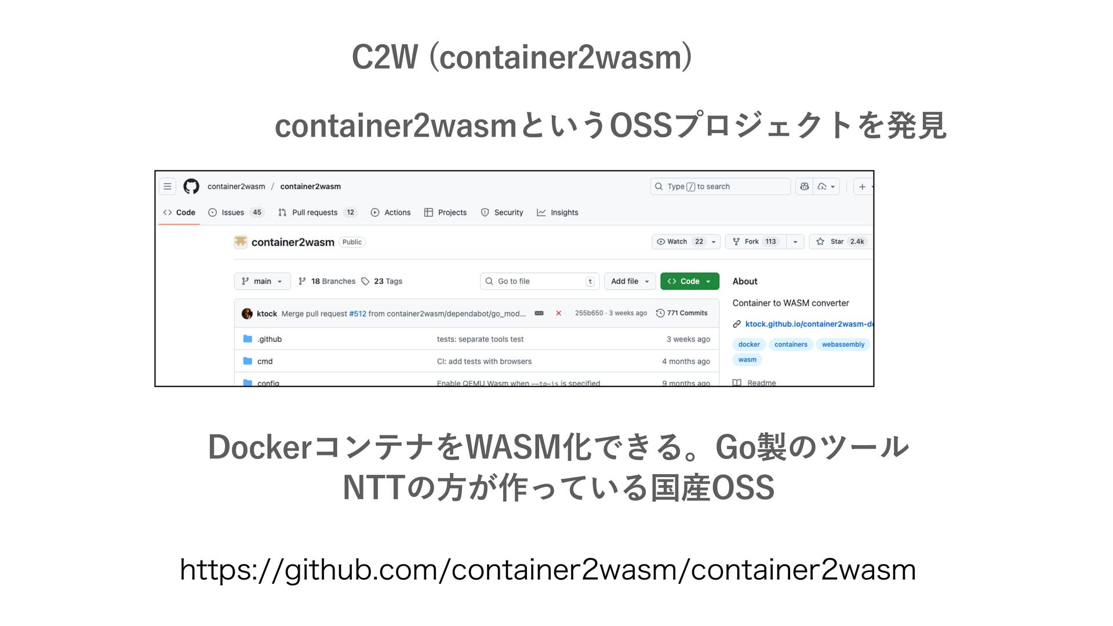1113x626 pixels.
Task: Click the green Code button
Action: coord(689,281)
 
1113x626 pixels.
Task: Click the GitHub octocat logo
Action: coord(191,186)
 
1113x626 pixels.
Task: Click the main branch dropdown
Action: coord(262,281)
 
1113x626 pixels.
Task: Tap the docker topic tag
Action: coord(749,344)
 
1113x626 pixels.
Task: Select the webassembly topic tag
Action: coord(843,344)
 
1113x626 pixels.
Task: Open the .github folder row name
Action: coord(270,339)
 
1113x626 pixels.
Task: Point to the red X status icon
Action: coord(558,313)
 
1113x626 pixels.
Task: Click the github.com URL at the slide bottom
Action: coord(548,570)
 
